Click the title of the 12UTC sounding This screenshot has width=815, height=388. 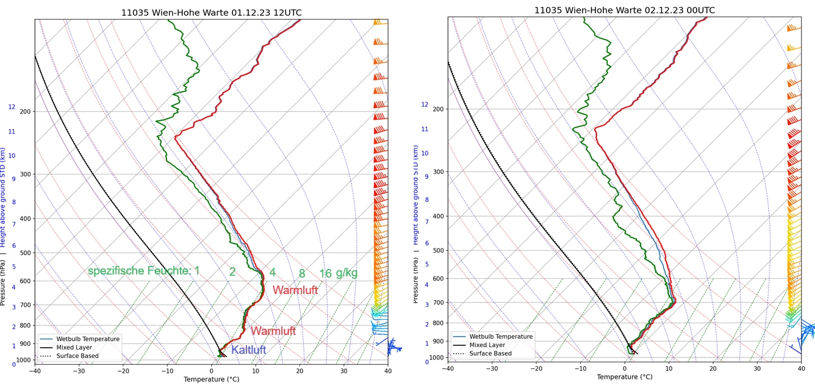pyautogui.click(x=211, y=12)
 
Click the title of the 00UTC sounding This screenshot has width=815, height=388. pyautogui.click(x=625, y=10)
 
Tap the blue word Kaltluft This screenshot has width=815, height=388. pyautogui.click(x=248, y=350)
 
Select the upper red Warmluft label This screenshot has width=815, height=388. pyautogui.click(x=295, y=290)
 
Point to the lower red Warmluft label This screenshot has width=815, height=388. pyautogui.click(x=273, y=331)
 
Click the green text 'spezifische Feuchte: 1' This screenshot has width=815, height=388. pyautogui.click(x=143, y=271)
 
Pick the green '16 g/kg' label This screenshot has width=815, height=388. pyautogui.click(x=339, y=273)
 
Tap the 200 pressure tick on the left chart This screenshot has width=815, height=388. pyautogui.click(x=25, y=112)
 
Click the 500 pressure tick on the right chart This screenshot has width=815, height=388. pyautogui.click(x=439, y=250)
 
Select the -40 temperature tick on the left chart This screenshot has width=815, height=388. pyautogui.click(x=35, y=371)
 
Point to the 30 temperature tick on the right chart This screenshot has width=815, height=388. pyautogui.click(x=757, y=368)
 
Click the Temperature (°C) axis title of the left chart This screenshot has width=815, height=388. pyautogui.click(x=211, y=379)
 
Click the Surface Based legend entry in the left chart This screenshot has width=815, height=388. pyautogui.click(x=77, y=356)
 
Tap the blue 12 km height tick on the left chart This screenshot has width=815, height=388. pyautogui.click(x=12, y=107)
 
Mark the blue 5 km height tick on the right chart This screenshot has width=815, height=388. pyautogui.click(x=427, y=264)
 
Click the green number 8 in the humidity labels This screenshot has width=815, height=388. pyautogui.click(x=302, y=274)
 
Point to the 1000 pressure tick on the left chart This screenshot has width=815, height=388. pyautogui.click(x=23, y=361)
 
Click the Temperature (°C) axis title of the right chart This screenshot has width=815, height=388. pyautogui.click(x=625, y=377)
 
